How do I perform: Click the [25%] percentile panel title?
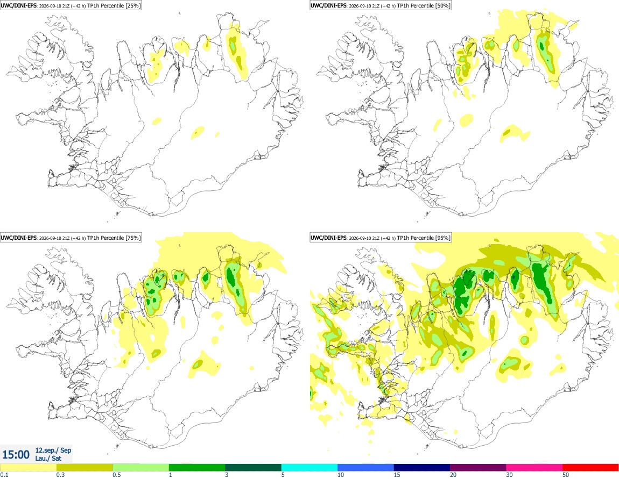71,5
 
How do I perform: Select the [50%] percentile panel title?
381,5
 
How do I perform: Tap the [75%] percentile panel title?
71,238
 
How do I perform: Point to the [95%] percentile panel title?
381,238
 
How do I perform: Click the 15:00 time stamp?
16,455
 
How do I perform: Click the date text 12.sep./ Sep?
53,450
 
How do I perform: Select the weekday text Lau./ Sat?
48,458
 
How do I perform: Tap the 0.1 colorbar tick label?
4,475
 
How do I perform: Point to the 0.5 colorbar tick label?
117,475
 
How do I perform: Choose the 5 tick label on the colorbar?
283,475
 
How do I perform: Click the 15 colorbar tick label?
397,475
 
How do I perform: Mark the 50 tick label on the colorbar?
566,475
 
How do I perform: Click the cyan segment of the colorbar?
309,468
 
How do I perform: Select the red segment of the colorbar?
590,468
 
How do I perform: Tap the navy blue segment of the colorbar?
422,468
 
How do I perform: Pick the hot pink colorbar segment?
534,468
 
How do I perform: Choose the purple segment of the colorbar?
478,468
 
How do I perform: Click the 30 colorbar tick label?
510,475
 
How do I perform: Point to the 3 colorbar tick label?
227,475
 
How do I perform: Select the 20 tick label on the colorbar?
453,475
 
